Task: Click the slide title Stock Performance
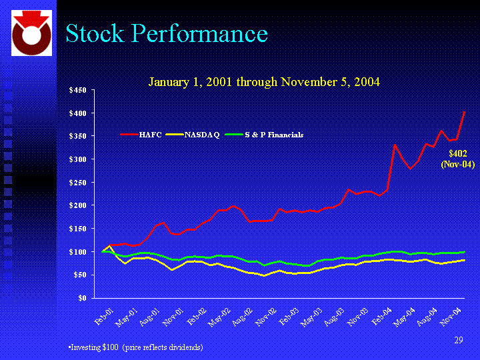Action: (x=167, y=33)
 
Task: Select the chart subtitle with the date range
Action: (x=264, y=82)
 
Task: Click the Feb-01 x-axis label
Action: (x=105, y=315)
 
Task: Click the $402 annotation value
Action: (x=457, y=153)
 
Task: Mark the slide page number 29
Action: (x=458, y=341)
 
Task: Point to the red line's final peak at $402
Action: (x=464, y=113)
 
